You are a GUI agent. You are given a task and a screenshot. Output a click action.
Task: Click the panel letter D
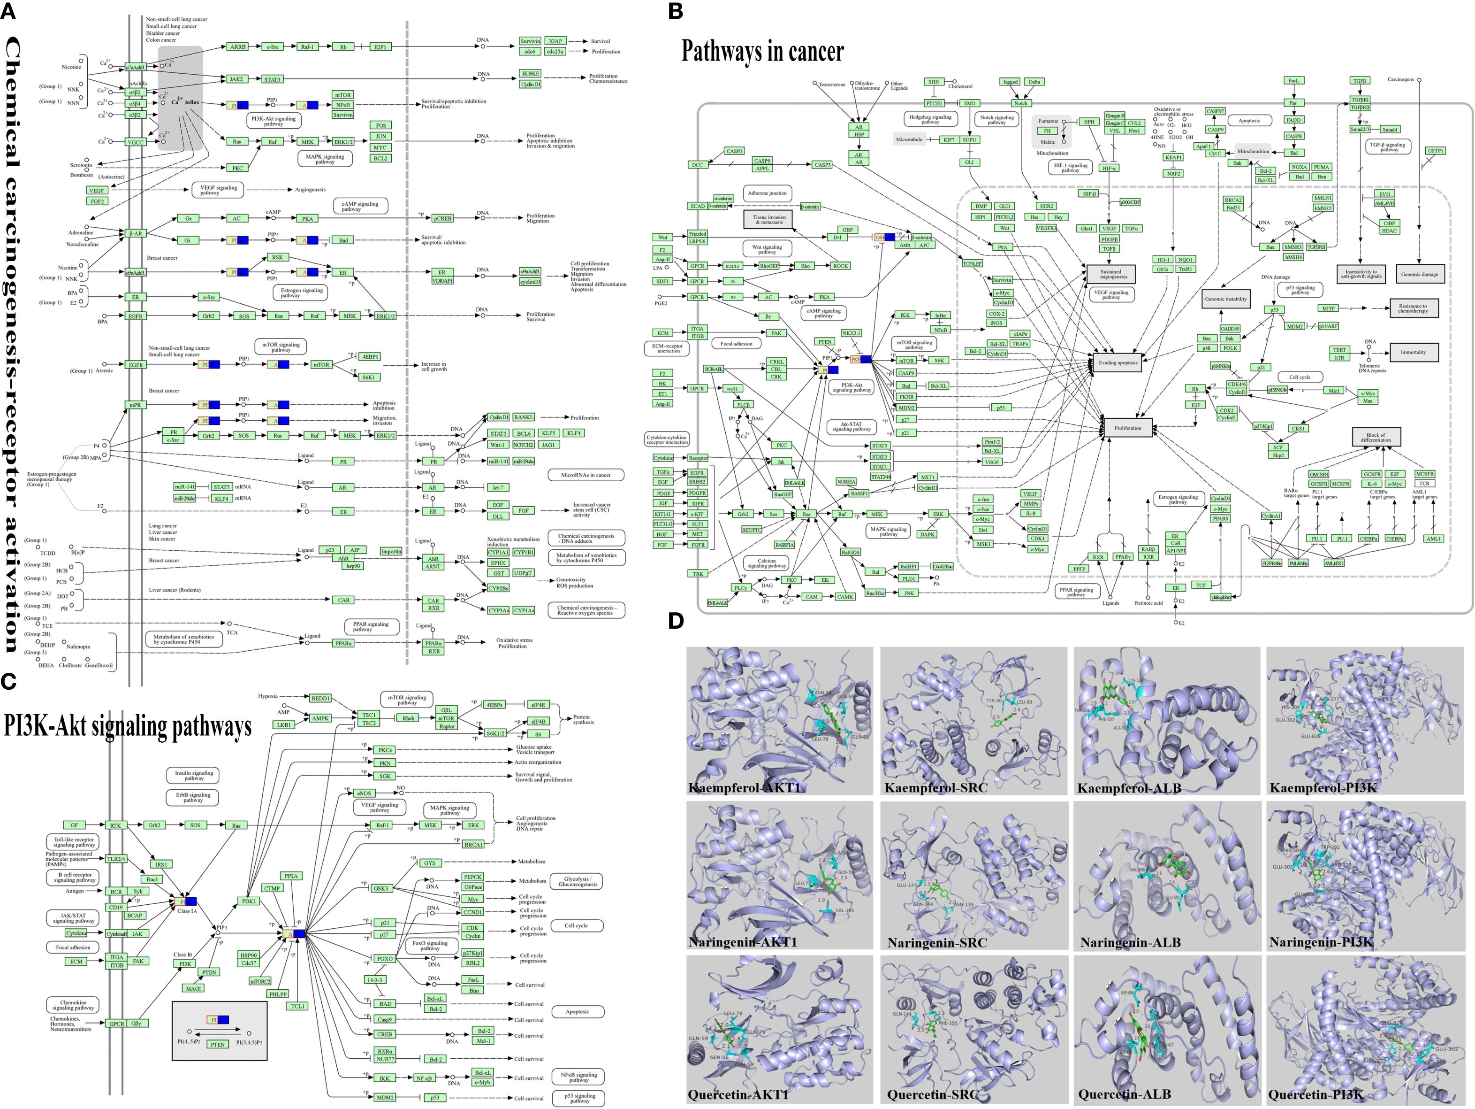pos(676,621)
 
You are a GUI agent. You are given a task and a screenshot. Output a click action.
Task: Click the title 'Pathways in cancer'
pos(762,51)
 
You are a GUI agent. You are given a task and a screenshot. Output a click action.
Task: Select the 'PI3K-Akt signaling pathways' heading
pos(128,726)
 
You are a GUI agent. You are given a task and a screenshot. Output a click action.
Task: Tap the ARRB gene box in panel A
pos(238,46)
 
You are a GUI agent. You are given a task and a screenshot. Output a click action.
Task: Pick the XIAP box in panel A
pos(555,41)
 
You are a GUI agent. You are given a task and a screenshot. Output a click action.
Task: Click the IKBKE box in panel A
pos(531,73)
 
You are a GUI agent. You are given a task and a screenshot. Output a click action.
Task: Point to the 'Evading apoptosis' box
pos(1118,363)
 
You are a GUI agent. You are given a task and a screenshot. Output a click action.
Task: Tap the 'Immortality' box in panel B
pos(1413,352)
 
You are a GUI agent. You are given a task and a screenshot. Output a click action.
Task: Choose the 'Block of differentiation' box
pos(1376,437)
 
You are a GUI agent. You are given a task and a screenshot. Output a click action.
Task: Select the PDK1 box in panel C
pos(249,901)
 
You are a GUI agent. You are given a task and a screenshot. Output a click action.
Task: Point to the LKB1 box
pos(284,724)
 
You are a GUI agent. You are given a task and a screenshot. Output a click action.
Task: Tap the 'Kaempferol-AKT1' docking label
pos(744,788)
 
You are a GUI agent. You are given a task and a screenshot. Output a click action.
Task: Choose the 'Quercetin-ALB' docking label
pos(1124,1094)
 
